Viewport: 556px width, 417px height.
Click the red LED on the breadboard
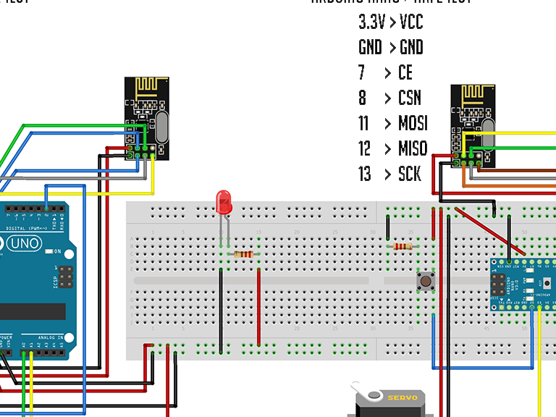pyautogui.click(x=224, y=202)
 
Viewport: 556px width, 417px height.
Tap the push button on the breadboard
pyautogui.click(x=425, y=280)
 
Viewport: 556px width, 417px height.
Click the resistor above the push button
pyautogui.click(x=403, y=246)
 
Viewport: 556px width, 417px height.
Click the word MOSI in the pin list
pyautogui.click(x=413, y=123)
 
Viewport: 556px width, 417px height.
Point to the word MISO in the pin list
pyautogui.click(x=413, y=148)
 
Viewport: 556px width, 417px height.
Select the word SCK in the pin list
pyautogui.click(x=409, y=174)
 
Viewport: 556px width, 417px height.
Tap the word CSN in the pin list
pyautogui.click(x=409, y=98)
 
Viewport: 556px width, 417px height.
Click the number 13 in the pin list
pyautogui.click(x=364, y=174)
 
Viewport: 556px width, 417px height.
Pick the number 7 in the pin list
pyautogui.click(x=361, y=72)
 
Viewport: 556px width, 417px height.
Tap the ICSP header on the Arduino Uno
pyautogui.click(x=66, y=277)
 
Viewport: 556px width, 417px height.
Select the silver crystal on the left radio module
pyautogui.click(x=161, y=130)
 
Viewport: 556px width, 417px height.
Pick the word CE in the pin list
pyautogui.click(x=405, y=72)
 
